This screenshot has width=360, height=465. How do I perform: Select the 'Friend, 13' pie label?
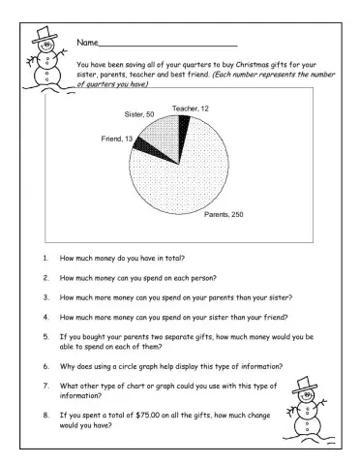[x=117, y=139]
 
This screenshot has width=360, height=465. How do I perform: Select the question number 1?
[x=45, y=260]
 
